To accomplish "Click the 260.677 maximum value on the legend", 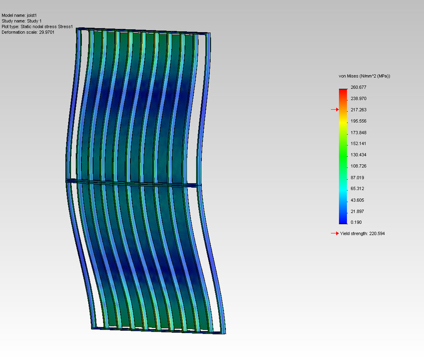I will tap(359, 87).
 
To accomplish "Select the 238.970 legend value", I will tap(359, 98).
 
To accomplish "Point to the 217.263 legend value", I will tap(359, 110).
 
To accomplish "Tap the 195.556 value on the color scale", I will tap(359, 121).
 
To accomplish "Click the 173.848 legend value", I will tap(359, 132).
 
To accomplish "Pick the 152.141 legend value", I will tap(359, 144).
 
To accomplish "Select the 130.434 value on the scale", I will tap(359, 155).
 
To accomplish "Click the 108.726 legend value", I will tap(359, 166).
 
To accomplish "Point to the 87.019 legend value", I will tap(358, 177).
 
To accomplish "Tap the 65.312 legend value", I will tap(358, 189).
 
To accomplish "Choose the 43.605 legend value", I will tap(358, 200).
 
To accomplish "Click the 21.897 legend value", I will tap(358, 211).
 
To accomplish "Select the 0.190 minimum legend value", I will tap(356, 222).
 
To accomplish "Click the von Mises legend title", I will tap(364, 77).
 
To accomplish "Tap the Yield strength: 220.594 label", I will tap(363, 234).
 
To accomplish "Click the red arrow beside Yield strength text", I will tap(334, 234).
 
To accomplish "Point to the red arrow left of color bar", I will tap(334, 110).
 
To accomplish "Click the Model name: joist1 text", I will tap(19, 16).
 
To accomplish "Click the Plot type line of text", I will tap(37, 27).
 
